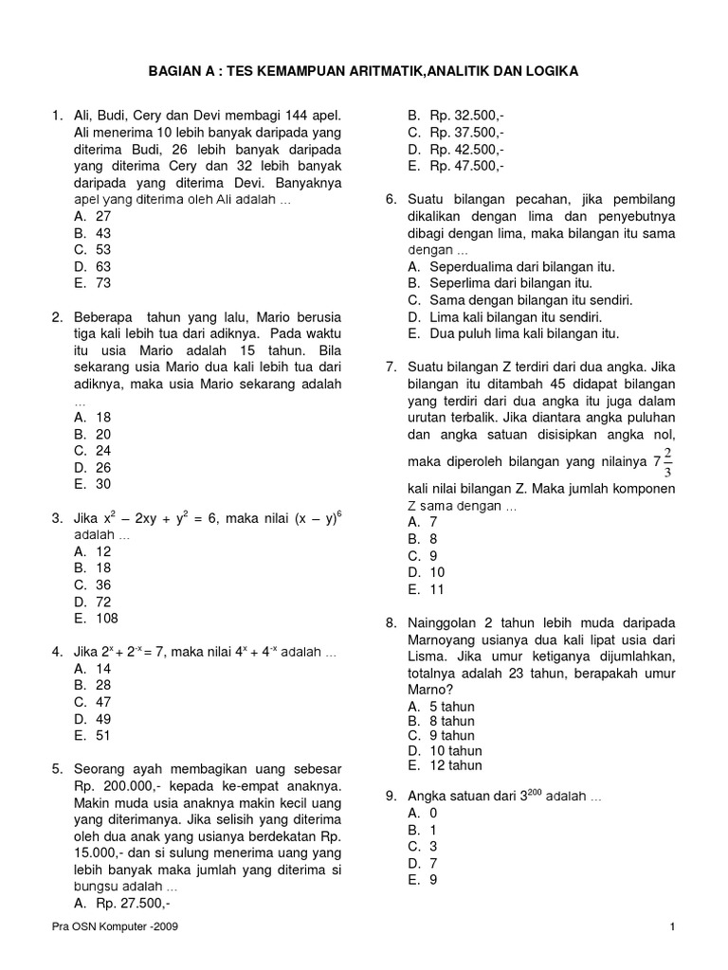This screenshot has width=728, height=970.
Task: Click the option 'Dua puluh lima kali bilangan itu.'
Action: point(514,333)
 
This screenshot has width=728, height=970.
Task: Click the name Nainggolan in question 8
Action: point(442,623)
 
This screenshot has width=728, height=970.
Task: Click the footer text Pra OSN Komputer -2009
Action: point(114,927)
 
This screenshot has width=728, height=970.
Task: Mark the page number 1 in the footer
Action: point(671,927)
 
